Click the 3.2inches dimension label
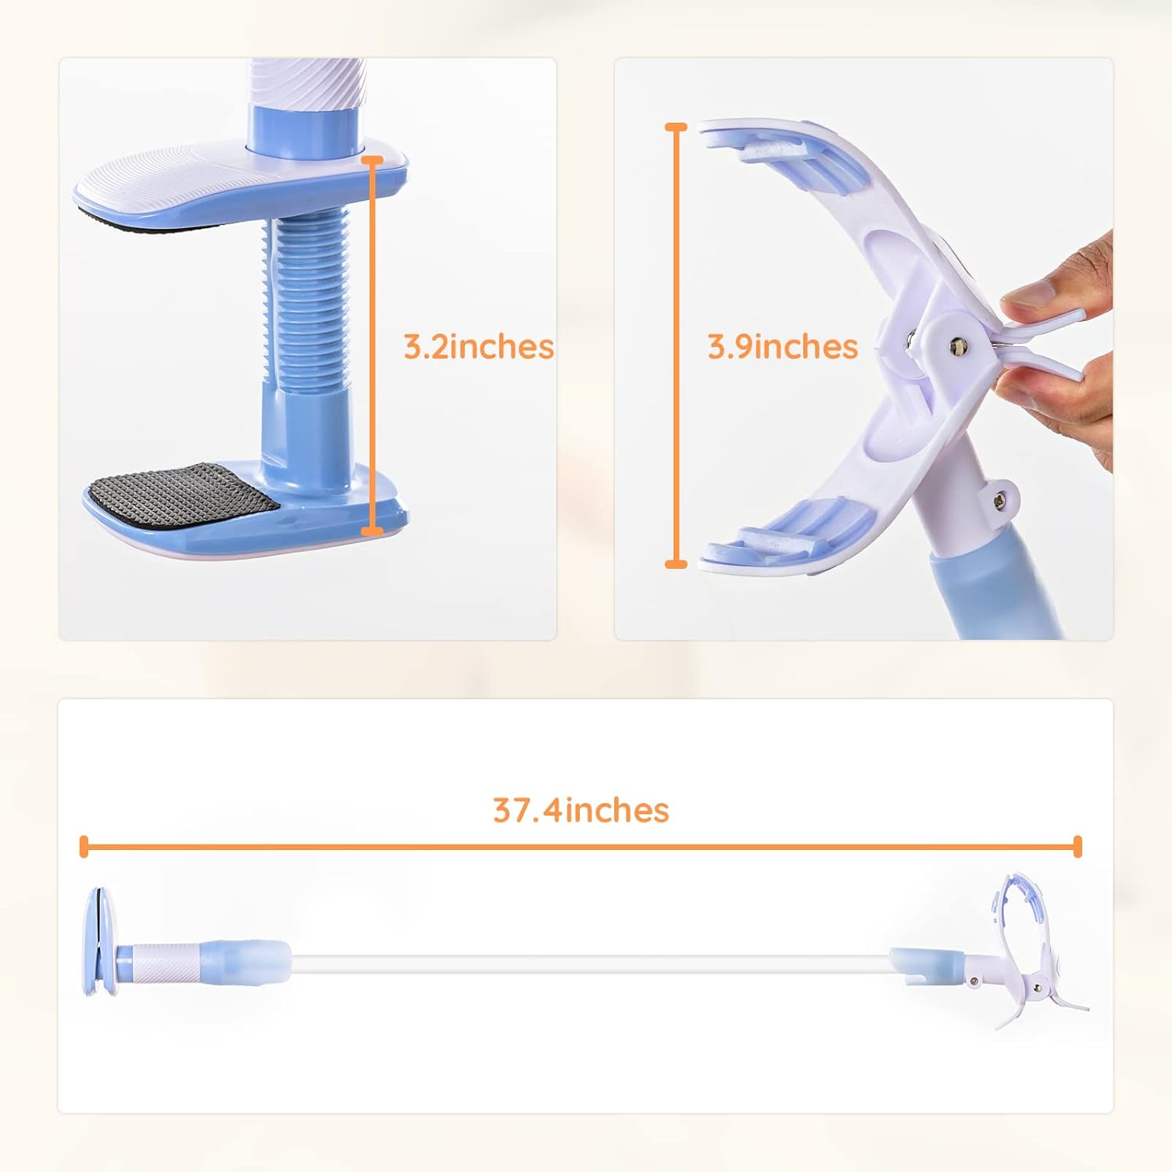tap(478, 346)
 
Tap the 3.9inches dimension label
tap(782, 346)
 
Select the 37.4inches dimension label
tap(581, 810)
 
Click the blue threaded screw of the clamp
tap(307, 301)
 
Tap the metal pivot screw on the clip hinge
tap(957, 344)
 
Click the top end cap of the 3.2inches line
tap(373, 161)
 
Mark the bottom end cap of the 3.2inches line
tap(373, 531)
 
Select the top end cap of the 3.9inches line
tap(676, 127)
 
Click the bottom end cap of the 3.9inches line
tap(676, 563)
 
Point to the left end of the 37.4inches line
tap(84, 846)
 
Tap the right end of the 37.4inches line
tap(1077, 846)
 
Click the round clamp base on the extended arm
tap(99, 942)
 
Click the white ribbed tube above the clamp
tap(306, 82)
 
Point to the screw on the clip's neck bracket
tap(1001, 501)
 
